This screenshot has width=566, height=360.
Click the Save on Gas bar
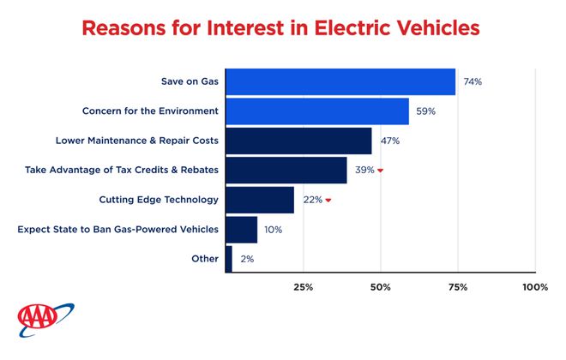[340, 82]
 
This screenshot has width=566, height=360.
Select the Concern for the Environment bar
[316, 111]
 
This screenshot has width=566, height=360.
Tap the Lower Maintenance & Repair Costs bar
[298, 141]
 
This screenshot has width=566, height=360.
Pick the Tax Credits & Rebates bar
[286, 170]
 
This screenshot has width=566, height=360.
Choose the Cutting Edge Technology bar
[259, 200]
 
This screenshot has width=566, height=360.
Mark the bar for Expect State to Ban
[241, 229]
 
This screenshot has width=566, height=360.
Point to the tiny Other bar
[228, 258]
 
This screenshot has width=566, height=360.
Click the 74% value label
[473, 82]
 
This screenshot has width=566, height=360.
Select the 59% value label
[426, 111]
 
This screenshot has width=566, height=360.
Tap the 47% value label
[390, 141]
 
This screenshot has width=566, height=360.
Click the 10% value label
[274, 229]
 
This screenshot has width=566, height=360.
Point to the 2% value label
[246, 258]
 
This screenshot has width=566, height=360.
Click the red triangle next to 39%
[380, 171]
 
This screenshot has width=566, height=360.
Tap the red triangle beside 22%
[328, 201]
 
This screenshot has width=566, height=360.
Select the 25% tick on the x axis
[303, 287]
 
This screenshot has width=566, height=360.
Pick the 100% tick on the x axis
[534, 287]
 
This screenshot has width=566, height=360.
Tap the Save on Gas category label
[190, 82]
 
